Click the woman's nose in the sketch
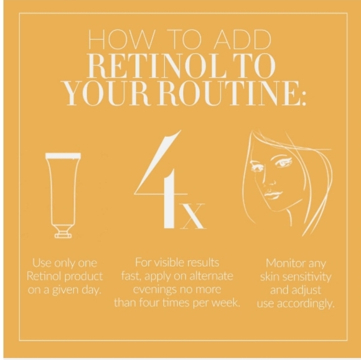click(265, 184)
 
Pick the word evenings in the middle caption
click(156, 290)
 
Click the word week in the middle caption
click(227, 303)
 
